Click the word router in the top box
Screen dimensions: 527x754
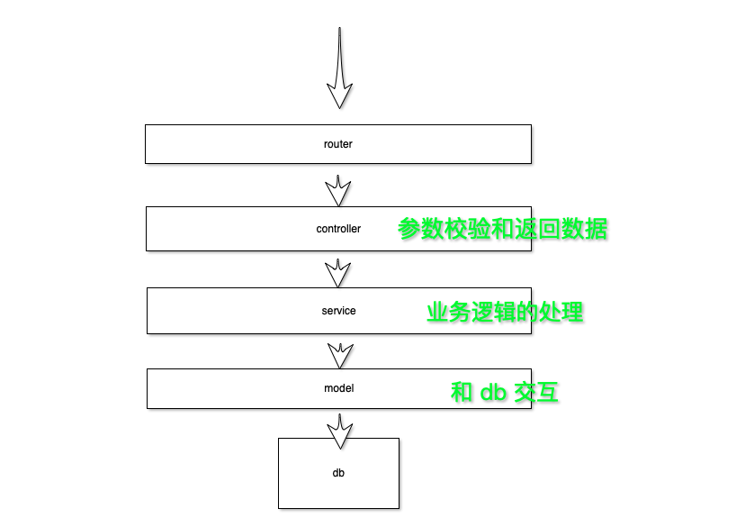tap(338, 144)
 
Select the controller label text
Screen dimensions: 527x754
tap(338, 229)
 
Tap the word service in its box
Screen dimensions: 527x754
tap(338, 311)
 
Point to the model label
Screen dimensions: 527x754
tap(339, 388)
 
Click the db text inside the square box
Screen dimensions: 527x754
tap(338, 472)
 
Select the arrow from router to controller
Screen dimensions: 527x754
tap(338, 190)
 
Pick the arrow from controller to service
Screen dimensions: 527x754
tap(338, 273)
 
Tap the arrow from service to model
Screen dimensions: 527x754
tap(339, 354)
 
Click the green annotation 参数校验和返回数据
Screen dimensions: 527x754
tap(503, 229)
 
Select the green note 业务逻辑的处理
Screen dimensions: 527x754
tap(505, 312)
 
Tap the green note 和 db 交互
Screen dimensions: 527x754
tap(505, 392)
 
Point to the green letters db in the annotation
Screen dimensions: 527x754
tap(493, 393)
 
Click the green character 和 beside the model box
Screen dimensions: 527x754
tap(462, 392)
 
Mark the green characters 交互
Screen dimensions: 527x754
tap(536, 392)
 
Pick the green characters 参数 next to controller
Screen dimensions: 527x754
tap(421, 229)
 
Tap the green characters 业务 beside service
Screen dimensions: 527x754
tap(449, 312)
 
